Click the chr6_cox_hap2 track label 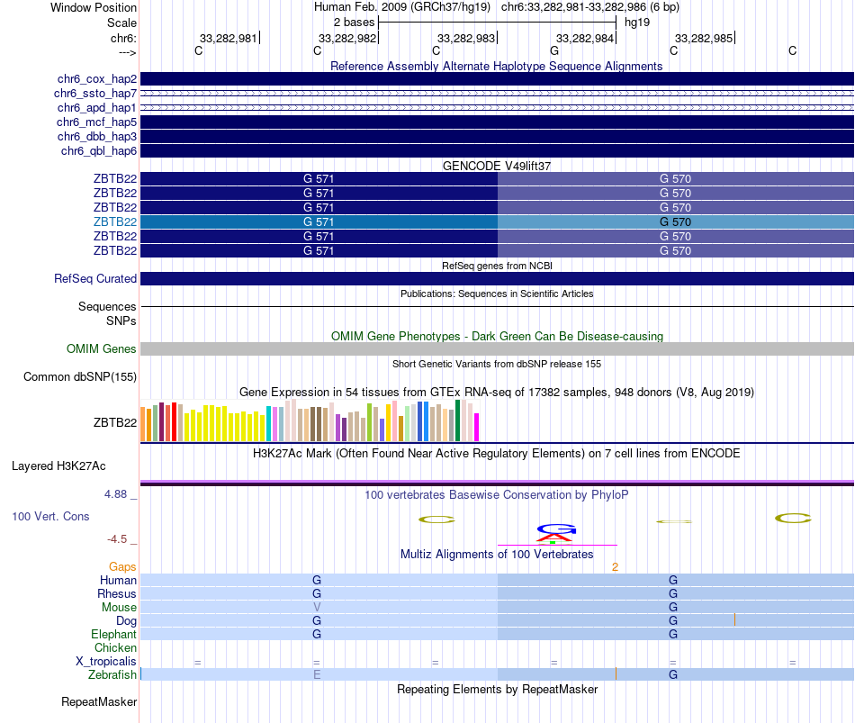pyautogui.click(x=94, y=79)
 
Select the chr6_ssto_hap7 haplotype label pyautogui.click(x=94, y=94)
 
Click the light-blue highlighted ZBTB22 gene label pyautogui.click(x=115, y=221)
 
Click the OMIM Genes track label pyautogui.click(x=102, y=348)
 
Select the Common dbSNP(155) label pyautogui.click(x=80, y=377)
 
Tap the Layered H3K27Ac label pyautogui.click(x=58, y=466)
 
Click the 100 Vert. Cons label pyautogui.click(x=50, y=517)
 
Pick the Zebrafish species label pyautogui.click(x=112, y=674)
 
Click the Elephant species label pyautogui.click(x=113, y=635)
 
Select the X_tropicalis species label pyautogui.click(x=106, y=662)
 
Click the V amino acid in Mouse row pyautogui.click(x=317, y=608)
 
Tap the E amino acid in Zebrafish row pyautogui.click(x=317, y=674)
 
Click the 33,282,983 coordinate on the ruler pyautogui.click(x=466, y=39)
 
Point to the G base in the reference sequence pyautogui.click(x=554, y=50)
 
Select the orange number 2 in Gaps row pyautogui.click(x=615, y=567)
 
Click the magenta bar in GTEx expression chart pyautogui.click(x=477, y=427)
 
